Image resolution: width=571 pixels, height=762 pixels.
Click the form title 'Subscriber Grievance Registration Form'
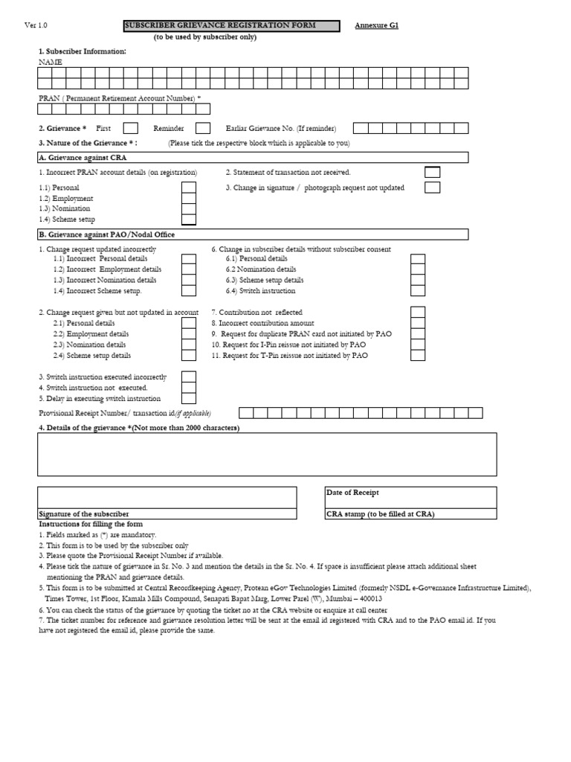coord(220,25)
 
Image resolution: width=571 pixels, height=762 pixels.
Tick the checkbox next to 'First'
coord(130,129)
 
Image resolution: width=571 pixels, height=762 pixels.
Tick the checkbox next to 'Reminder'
coord(202,129)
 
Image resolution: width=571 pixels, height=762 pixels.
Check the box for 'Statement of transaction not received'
coord(432,173)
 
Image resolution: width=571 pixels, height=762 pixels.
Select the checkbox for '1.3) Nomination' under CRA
coord(189,208)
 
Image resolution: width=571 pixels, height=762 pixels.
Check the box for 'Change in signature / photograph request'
coord(432,188)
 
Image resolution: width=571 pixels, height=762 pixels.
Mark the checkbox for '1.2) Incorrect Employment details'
coord(189,269)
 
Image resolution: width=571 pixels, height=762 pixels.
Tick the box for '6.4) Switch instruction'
coord(418,291)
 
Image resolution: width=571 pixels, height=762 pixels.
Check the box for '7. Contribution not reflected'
coord(418,313)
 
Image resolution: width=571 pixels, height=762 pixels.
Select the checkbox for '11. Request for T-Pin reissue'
coord(418,356)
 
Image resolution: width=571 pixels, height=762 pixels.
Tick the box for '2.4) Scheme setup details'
coord(189,356)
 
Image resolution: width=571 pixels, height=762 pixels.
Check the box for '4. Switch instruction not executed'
coord(189,388)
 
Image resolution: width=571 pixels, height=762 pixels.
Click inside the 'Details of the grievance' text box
coord(267,454)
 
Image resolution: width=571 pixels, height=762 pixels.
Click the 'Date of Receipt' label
coord(352,493)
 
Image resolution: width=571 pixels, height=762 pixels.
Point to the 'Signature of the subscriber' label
coord(83,514)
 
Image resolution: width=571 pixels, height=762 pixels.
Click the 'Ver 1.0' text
coord(36,25)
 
